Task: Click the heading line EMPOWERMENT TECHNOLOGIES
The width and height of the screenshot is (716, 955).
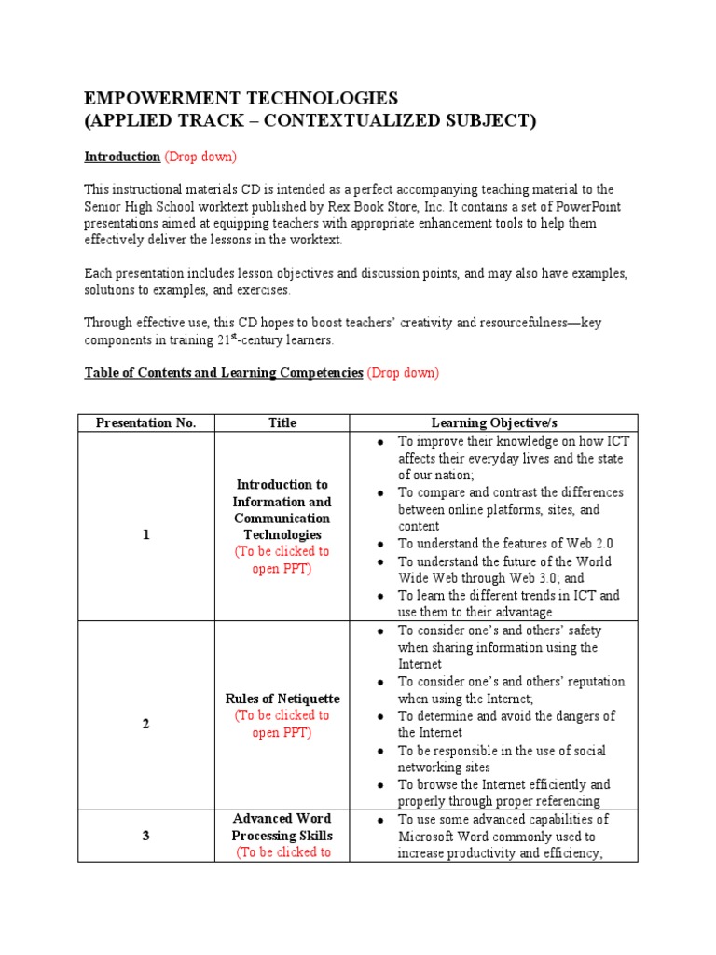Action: pos(241,98)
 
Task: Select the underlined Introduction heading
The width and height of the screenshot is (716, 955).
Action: pos(122,156)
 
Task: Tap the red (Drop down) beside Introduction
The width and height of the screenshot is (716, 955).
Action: pos(200,156)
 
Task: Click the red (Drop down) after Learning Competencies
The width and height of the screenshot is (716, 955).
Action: pos(402,372)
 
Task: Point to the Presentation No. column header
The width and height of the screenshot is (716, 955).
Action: pos(146,422)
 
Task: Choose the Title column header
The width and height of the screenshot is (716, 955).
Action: pos(282,422)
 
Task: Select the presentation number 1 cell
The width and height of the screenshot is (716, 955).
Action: pos(146,534)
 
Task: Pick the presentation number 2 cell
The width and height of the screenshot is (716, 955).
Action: pos(146,724)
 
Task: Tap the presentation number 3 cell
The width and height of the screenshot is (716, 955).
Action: pos(146,836)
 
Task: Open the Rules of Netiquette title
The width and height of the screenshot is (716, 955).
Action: pos(282,699)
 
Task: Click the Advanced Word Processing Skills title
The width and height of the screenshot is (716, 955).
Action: pos(282,827)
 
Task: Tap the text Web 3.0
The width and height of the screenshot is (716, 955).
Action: pos(524,578)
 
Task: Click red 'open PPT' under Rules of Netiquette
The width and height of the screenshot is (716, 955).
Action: pos(282,732)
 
